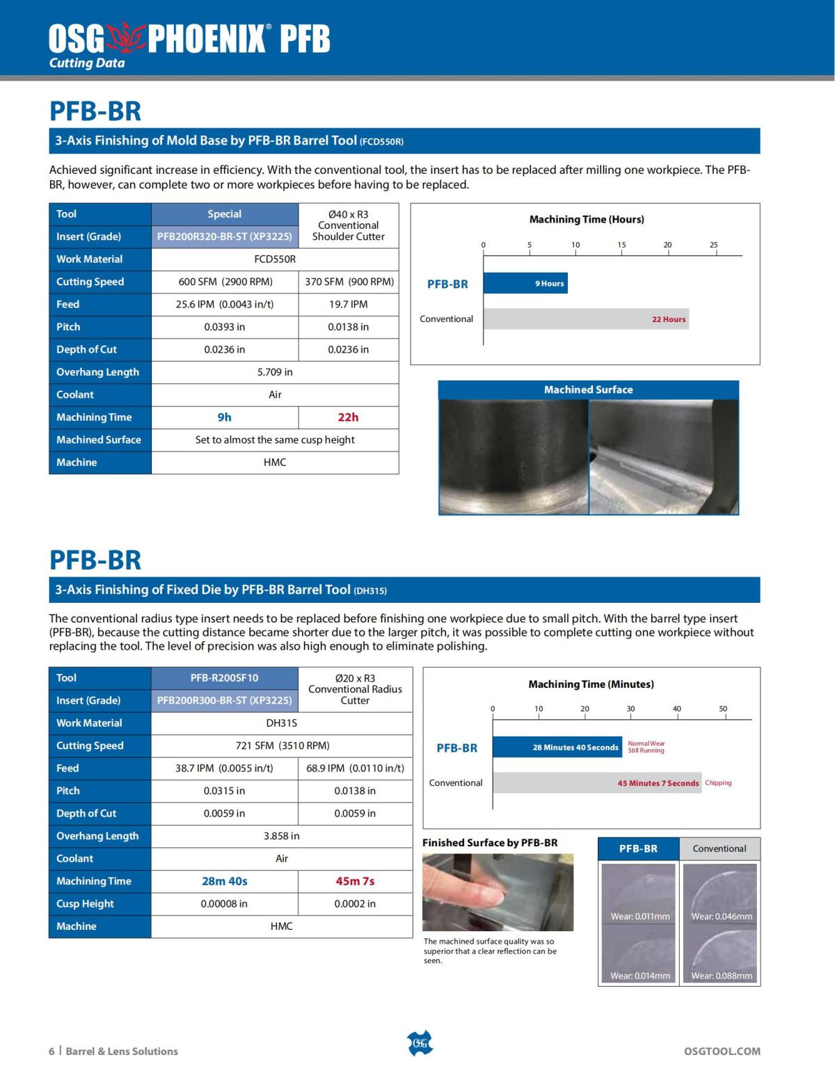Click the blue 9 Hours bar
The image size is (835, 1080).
525,283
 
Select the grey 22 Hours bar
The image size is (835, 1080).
586,319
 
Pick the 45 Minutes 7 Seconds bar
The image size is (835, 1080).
597,783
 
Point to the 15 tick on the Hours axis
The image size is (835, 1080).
621,245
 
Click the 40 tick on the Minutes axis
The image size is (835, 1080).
677,709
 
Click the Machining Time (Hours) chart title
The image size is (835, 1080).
587,220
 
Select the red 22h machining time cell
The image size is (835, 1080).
348,417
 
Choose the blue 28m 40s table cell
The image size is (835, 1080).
225,881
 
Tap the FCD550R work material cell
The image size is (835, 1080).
275,259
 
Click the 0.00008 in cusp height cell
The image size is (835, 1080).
225,904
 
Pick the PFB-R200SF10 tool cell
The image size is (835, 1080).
225,678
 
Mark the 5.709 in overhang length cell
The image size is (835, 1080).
275,372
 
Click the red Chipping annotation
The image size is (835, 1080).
718,783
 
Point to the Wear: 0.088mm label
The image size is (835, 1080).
722,976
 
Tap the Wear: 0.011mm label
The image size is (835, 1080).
640,917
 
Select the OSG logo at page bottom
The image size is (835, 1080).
420,1043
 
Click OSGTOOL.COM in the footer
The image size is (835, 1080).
722,1051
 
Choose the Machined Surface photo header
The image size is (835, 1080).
588,390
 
